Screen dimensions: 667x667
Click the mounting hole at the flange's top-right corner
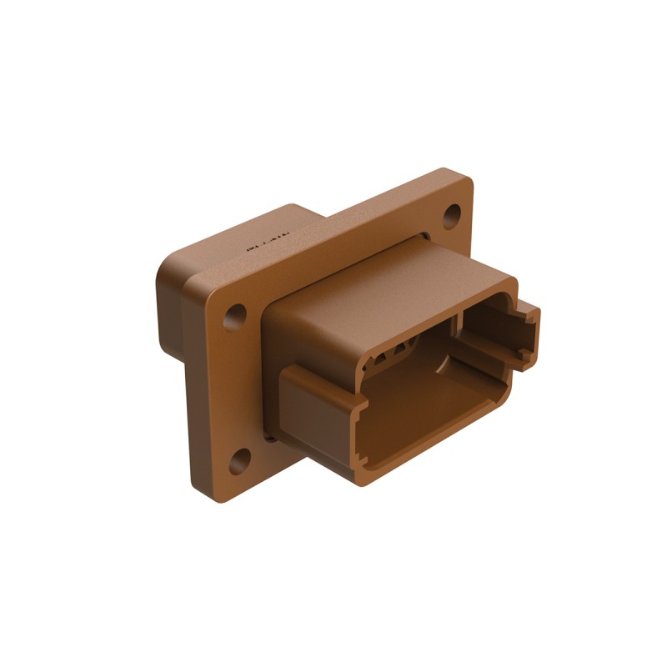point(451,217)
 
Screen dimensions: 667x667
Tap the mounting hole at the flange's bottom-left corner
point(240,459)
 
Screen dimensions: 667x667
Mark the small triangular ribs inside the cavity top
point(392,354)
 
